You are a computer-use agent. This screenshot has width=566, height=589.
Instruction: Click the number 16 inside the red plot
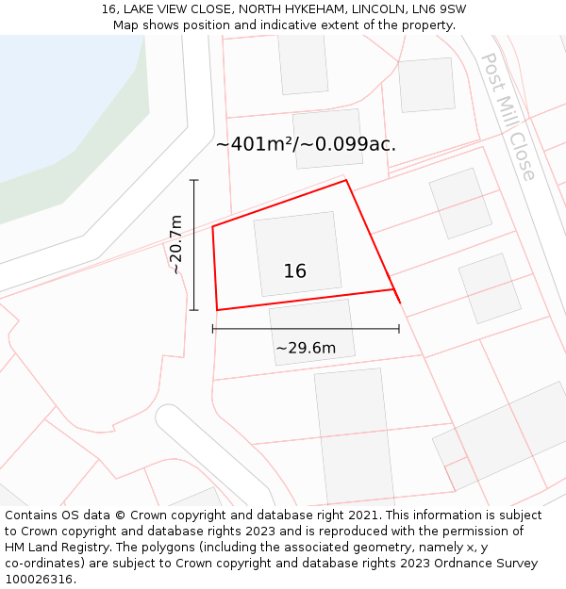click(x=294, y=271)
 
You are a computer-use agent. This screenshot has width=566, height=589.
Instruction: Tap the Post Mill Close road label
click(x=509, y=116)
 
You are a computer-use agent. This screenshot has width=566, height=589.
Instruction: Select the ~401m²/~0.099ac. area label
click(x=306, y=144)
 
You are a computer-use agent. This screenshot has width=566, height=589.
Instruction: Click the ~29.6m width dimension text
click(x=306, y=348)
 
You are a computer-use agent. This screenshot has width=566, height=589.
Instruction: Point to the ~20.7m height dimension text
click(x=175, y=244)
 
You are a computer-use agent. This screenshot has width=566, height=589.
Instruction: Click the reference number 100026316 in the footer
click(x=38, y=580)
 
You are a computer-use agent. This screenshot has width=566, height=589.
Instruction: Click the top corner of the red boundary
click(x=346, y=180)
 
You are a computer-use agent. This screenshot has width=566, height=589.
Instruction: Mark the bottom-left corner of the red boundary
click(x=218, y=309)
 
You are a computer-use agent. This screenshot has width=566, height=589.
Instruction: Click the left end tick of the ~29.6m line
click(x=213, y=329)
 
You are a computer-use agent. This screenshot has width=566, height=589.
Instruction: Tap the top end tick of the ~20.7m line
click(x=194, y=180)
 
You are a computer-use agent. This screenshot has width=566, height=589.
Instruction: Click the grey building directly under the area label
click(x=328, y=139)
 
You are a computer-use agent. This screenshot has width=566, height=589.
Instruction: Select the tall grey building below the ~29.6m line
click(x=354, y=435)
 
